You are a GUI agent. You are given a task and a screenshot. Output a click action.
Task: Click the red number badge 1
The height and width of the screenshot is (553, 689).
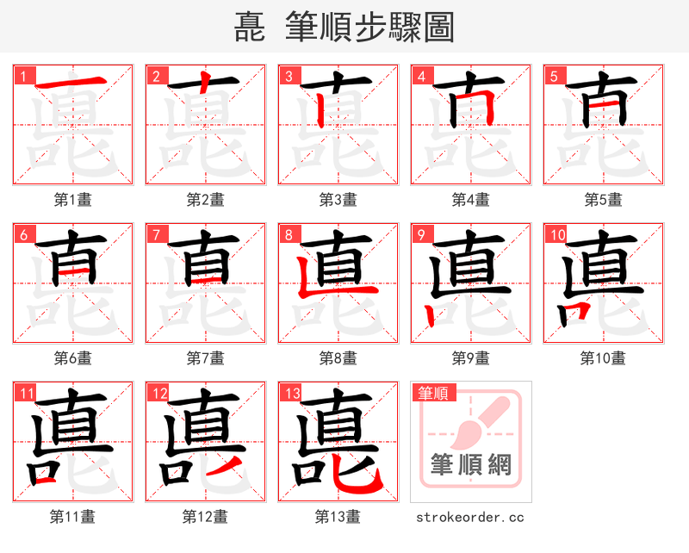coord(23,76)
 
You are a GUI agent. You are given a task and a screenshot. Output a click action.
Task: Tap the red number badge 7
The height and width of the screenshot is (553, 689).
coord(156,234)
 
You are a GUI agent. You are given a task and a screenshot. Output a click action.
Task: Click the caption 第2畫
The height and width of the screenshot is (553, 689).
coord(205,200)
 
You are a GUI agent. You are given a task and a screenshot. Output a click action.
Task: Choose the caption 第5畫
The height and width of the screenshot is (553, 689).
coord(603,200)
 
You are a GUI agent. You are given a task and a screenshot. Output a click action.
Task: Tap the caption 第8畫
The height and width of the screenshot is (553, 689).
coord(338,357)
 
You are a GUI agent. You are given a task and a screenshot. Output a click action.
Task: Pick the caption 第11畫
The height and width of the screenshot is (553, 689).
coord(72,517)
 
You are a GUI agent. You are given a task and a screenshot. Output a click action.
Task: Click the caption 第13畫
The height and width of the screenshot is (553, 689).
coord(338,517)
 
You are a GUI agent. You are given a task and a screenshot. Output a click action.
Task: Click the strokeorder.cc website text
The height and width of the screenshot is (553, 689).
coord(470,517)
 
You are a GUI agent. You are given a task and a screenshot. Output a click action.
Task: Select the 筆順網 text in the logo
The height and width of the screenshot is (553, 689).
coord(470,465)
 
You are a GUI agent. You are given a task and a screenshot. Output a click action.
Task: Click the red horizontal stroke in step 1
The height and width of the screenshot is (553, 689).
coord(72,84)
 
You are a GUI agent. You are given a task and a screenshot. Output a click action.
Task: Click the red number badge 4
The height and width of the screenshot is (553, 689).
coord(421,76)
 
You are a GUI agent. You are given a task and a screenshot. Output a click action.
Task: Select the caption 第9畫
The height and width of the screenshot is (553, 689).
coord(470,357)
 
